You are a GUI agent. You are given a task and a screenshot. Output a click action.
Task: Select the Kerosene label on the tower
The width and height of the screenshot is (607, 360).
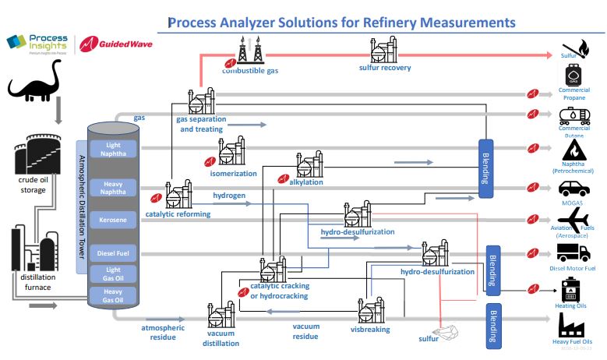coord(113,221)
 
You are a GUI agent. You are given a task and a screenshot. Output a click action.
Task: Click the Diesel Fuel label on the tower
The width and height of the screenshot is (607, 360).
coord(113,252)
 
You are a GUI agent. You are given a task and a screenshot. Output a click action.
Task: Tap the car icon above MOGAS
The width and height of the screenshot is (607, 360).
coord(575,187)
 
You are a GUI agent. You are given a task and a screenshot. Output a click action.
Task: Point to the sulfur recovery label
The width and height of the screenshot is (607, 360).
coord(385,68)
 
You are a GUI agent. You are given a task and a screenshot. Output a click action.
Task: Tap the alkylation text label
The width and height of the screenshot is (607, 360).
coord(306,182)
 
